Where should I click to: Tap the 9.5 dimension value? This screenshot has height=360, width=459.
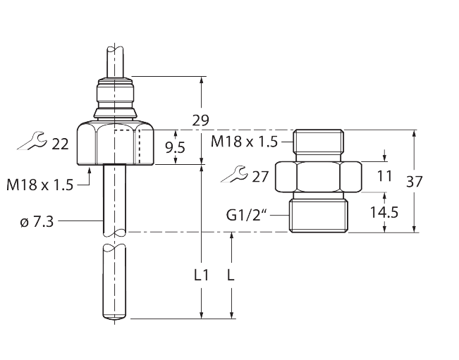(174, 147)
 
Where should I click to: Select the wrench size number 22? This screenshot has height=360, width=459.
(60, 144)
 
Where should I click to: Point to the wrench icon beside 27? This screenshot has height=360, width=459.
(233, 175)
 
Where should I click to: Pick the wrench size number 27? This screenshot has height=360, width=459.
(261, 177)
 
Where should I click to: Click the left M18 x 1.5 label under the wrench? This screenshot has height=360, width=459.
(39, 185)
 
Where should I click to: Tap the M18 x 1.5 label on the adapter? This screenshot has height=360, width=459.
(244, 142)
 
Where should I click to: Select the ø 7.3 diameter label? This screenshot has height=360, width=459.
(37, 221)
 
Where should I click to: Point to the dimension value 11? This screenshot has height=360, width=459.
(384, 176)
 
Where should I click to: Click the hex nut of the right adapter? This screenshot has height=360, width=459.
(319, 177)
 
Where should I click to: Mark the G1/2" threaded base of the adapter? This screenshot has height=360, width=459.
(319, 214)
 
